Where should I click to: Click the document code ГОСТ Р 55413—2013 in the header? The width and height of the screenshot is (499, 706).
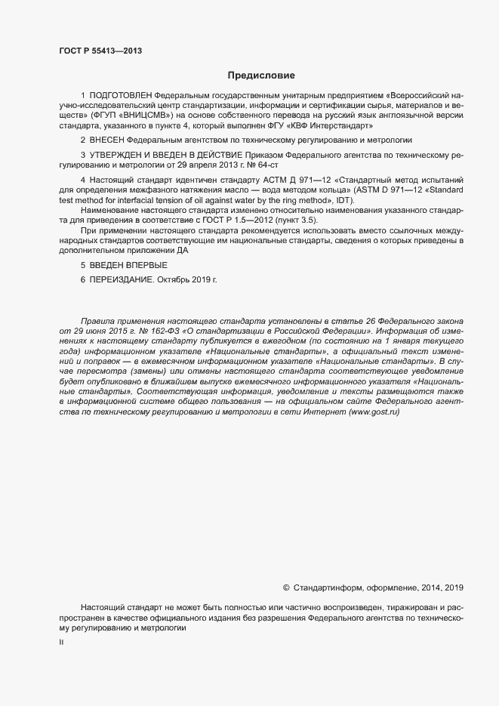(x=100, y=51)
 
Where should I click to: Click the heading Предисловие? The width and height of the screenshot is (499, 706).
(x=261, y=76)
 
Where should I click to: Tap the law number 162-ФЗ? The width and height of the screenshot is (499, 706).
(x=158, y=331)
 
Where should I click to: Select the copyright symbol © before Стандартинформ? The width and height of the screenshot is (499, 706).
(x=286, y=587)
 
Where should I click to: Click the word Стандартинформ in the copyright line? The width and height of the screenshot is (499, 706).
(x=328, y=587)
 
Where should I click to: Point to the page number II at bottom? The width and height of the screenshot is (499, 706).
(x=61, y=643)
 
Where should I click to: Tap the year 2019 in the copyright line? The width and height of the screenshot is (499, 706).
(x=454, y=587)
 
